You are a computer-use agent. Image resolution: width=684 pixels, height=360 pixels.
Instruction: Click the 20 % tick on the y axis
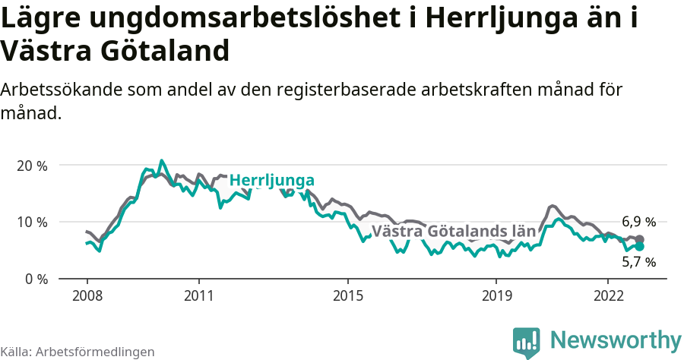click(31, 166)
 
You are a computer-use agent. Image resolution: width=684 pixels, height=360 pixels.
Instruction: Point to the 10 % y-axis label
click(31, 222)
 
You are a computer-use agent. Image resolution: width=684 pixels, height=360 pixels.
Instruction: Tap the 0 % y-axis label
click(35, 279)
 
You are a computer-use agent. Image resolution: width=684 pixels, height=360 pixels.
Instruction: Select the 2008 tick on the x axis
click(87, 294)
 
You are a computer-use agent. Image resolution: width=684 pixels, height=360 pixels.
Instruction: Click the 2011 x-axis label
click(198, 294)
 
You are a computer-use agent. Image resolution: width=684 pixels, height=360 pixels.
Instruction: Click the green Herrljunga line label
click(272, 181)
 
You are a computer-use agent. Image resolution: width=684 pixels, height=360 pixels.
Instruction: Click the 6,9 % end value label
click(638, 223)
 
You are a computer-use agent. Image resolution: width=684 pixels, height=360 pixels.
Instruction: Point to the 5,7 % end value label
click(638, 262)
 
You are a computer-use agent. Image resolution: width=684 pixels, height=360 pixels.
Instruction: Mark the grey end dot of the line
click(640, 239)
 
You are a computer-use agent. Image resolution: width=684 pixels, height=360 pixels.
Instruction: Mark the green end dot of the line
click(640, 247)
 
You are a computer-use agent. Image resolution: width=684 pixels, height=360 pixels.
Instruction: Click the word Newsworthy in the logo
click(616, 339)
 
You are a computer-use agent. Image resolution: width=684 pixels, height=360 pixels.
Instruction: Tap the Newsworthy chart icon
click(527, 342)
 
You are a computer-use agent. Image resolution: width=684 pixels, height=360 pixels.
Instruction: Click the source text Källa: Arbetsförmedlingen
click(78, 352)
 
